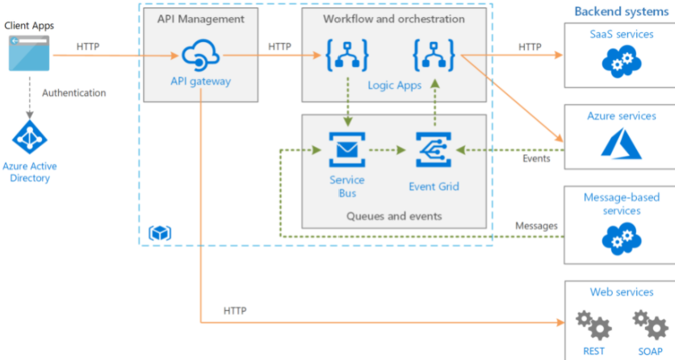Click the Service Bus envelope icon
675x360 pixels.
pyautogui.click(x=347, y=149)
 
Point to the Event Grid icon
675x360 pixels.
pyautogui.click(x=434, y=149)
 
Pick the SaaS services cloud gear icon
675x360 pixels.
pyautogui.click(x=621, y=60)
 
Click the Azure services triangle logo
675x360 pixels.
pyautogui.click(x=621, y=144)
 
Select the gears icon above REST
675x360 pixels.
pyautogui.click(x=593, y=325)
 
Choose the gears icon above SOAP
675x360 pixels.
pyautogui.click(x=651, y=325)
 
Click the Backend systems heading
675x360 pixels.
pyautogui.click(x=621, y=11)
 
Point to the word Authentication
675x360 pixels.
pyautogui.click(x=73, y=93)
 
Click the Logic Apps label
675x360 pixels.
pyautogui.click(x=395, y=86)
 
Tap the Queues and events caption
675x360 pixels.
pyautogui.click(x=394, y=216)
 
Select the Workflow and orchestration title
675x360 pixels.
pyautogui.click(x=394, y=19)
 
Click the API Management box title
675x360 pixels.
pyautogui.click(x=199, y=19)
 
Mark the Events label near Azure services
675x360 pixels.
pyautogui.click(x=536, y=158)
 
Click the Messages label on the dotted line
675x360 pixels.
pyautogui.click(x=536, y=225)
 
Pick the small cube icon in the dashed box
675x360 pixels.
pyautogui.click(x=160, y=232)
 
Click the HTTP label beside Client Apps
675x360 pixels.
pyautogui.click(x=89, y=46)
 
